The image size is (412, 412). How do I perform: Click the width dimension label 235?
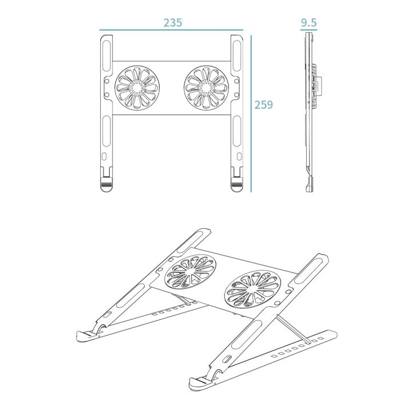[x=172, y=23]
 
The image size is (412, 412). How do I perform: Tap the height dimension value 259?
[x=264, y=105]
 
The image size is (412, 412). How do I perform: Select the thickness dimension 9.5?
[x=308, y=23]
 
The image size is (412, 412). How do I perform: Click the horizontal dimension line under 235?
[x=172, y=30]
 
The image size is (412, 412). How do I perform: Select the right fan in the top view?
[x=206, y=89]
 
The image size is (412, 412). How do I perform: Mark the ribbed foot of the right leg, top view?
[x=236, y=185]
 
